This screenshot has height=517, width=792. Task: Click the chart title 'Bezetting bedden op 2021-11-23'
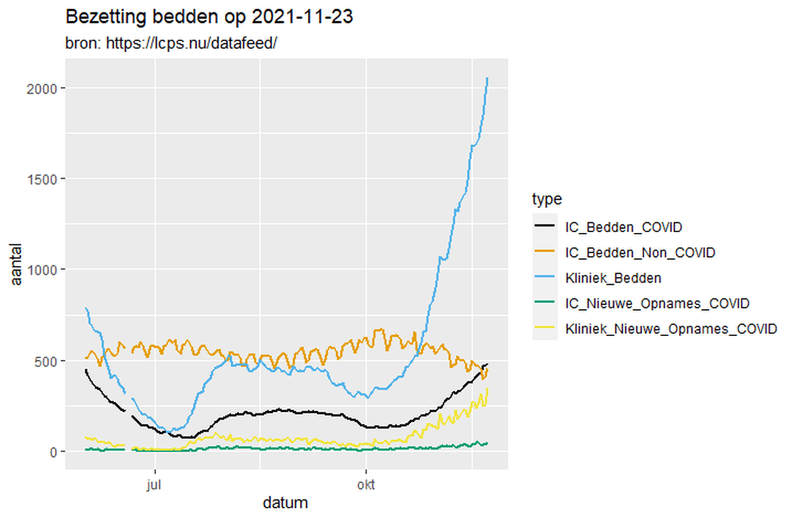coord(209,17)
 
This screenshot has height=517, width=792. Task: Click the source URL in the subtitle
coord(192,43)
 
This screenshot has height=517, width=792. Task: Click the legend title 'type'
coord(547,198)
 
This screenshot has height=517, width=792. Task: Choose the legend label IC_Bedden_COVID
coord(624,227)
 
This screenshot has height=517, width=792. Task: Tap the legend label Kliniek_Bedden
coord(613,278)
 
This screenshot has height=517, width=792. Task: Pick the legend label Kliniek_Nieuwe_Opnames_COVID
coord(671,329)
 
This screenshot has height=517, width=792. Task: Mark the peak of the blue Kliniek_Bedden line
coord(488,78)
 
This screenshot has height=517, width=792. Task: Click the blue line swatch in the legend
coord(545,278)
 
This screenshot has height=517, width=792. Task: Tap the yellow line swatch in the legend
coord(545,329)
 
